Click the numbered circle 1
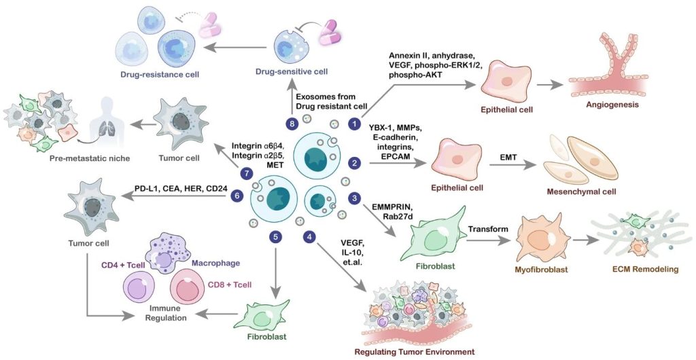(x=353, y=124)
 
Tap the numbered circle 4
(x=310, y=237)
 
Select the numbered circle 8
(x=292, y=124)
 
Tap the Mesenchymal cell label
(x=582, y=192)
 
